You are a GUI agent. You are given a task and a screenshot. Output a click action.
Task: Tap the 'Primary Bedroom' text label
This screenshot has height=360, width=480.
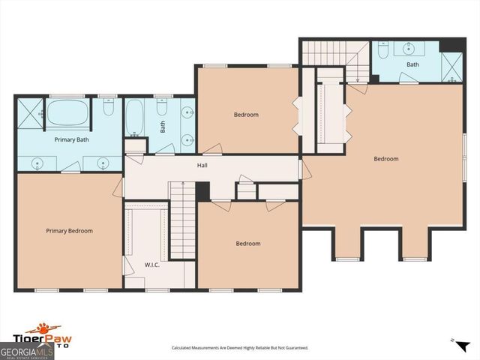click(69, 231)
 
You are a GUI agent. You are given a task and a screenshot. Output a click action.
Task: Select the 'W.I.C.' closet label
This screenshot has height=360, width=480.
click(153, 265)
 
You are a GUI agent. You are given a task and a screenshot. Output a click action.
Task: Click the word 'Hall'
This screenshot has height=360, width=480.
click(202, 165)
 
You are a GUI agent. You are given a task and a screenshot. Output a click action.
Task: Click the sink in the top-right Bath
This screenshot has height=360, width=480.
click(409, 49)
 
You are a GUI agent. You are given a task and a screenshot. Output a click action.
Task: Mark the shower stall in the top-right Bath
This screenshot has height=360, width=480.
click(451, 67)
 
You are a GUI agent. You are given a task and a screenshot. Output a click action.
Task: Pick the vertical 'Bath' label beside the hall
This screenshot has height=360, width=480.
click(163, 124)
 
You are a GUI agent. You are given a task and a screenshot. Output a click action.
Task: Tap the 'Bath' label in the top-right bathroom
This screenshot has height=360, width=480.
click(412, 64)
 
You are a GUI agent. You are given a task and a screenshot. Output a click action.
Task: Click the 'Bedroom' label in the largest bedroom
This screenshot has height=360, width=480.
click(386, 158)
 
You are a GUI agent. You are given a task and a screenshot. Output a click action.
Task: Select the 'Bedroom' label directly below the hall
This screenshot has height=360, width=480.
click(248, 243)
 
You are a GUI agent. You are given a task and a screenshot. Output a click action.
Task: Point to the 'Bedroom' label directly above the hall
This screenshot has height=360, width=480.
click(246, 115)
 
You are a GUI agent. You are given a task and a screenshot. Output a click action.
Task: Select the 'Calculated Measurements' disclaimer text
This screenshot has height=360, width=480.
click(240, 348)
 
